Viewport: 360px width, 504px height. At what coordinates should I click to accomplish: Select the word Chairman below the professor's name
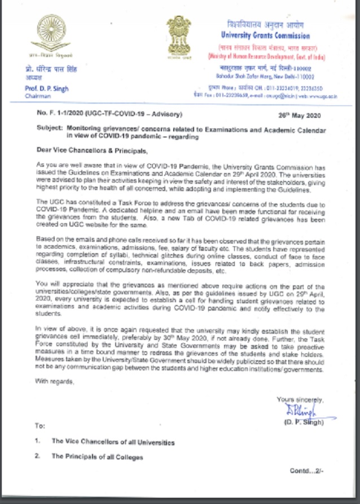click(x=38, y=97)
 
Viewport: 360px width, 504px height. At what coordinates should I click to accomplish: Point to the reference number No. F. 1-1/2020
click(x=64, y=115)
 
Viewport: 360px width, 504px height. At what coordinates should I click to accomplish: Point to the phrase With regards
click(x=54, y=382)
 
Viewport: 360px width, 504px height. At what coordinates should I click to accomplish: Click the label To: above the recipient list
click(x=40, y=426)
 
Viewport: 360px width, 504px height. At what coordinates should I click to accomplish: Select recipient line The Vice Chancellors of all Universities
click(x=113, y=442)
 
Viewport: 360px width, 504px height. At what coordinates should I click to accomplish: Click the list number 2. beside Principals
click(x=37, y=457)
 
